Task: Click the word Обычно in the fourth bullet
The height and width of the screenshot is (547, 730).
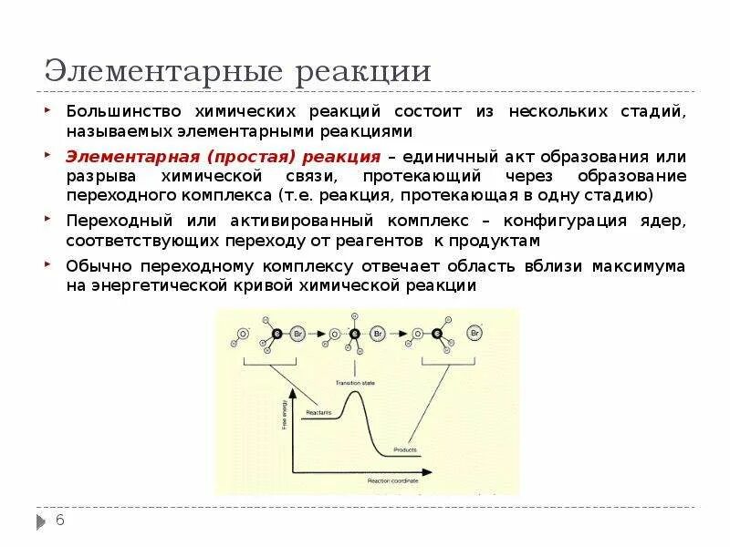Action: [x=97, y=265]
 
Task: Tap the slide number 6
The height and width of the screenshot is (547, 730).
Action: [x=60, y=521]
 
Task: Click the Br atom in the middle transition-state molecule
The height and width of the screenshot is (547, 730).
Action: [x=378, y=335]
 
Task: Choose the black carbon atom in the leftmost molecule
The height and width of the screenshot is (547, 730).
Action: [x=276, y=335]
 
